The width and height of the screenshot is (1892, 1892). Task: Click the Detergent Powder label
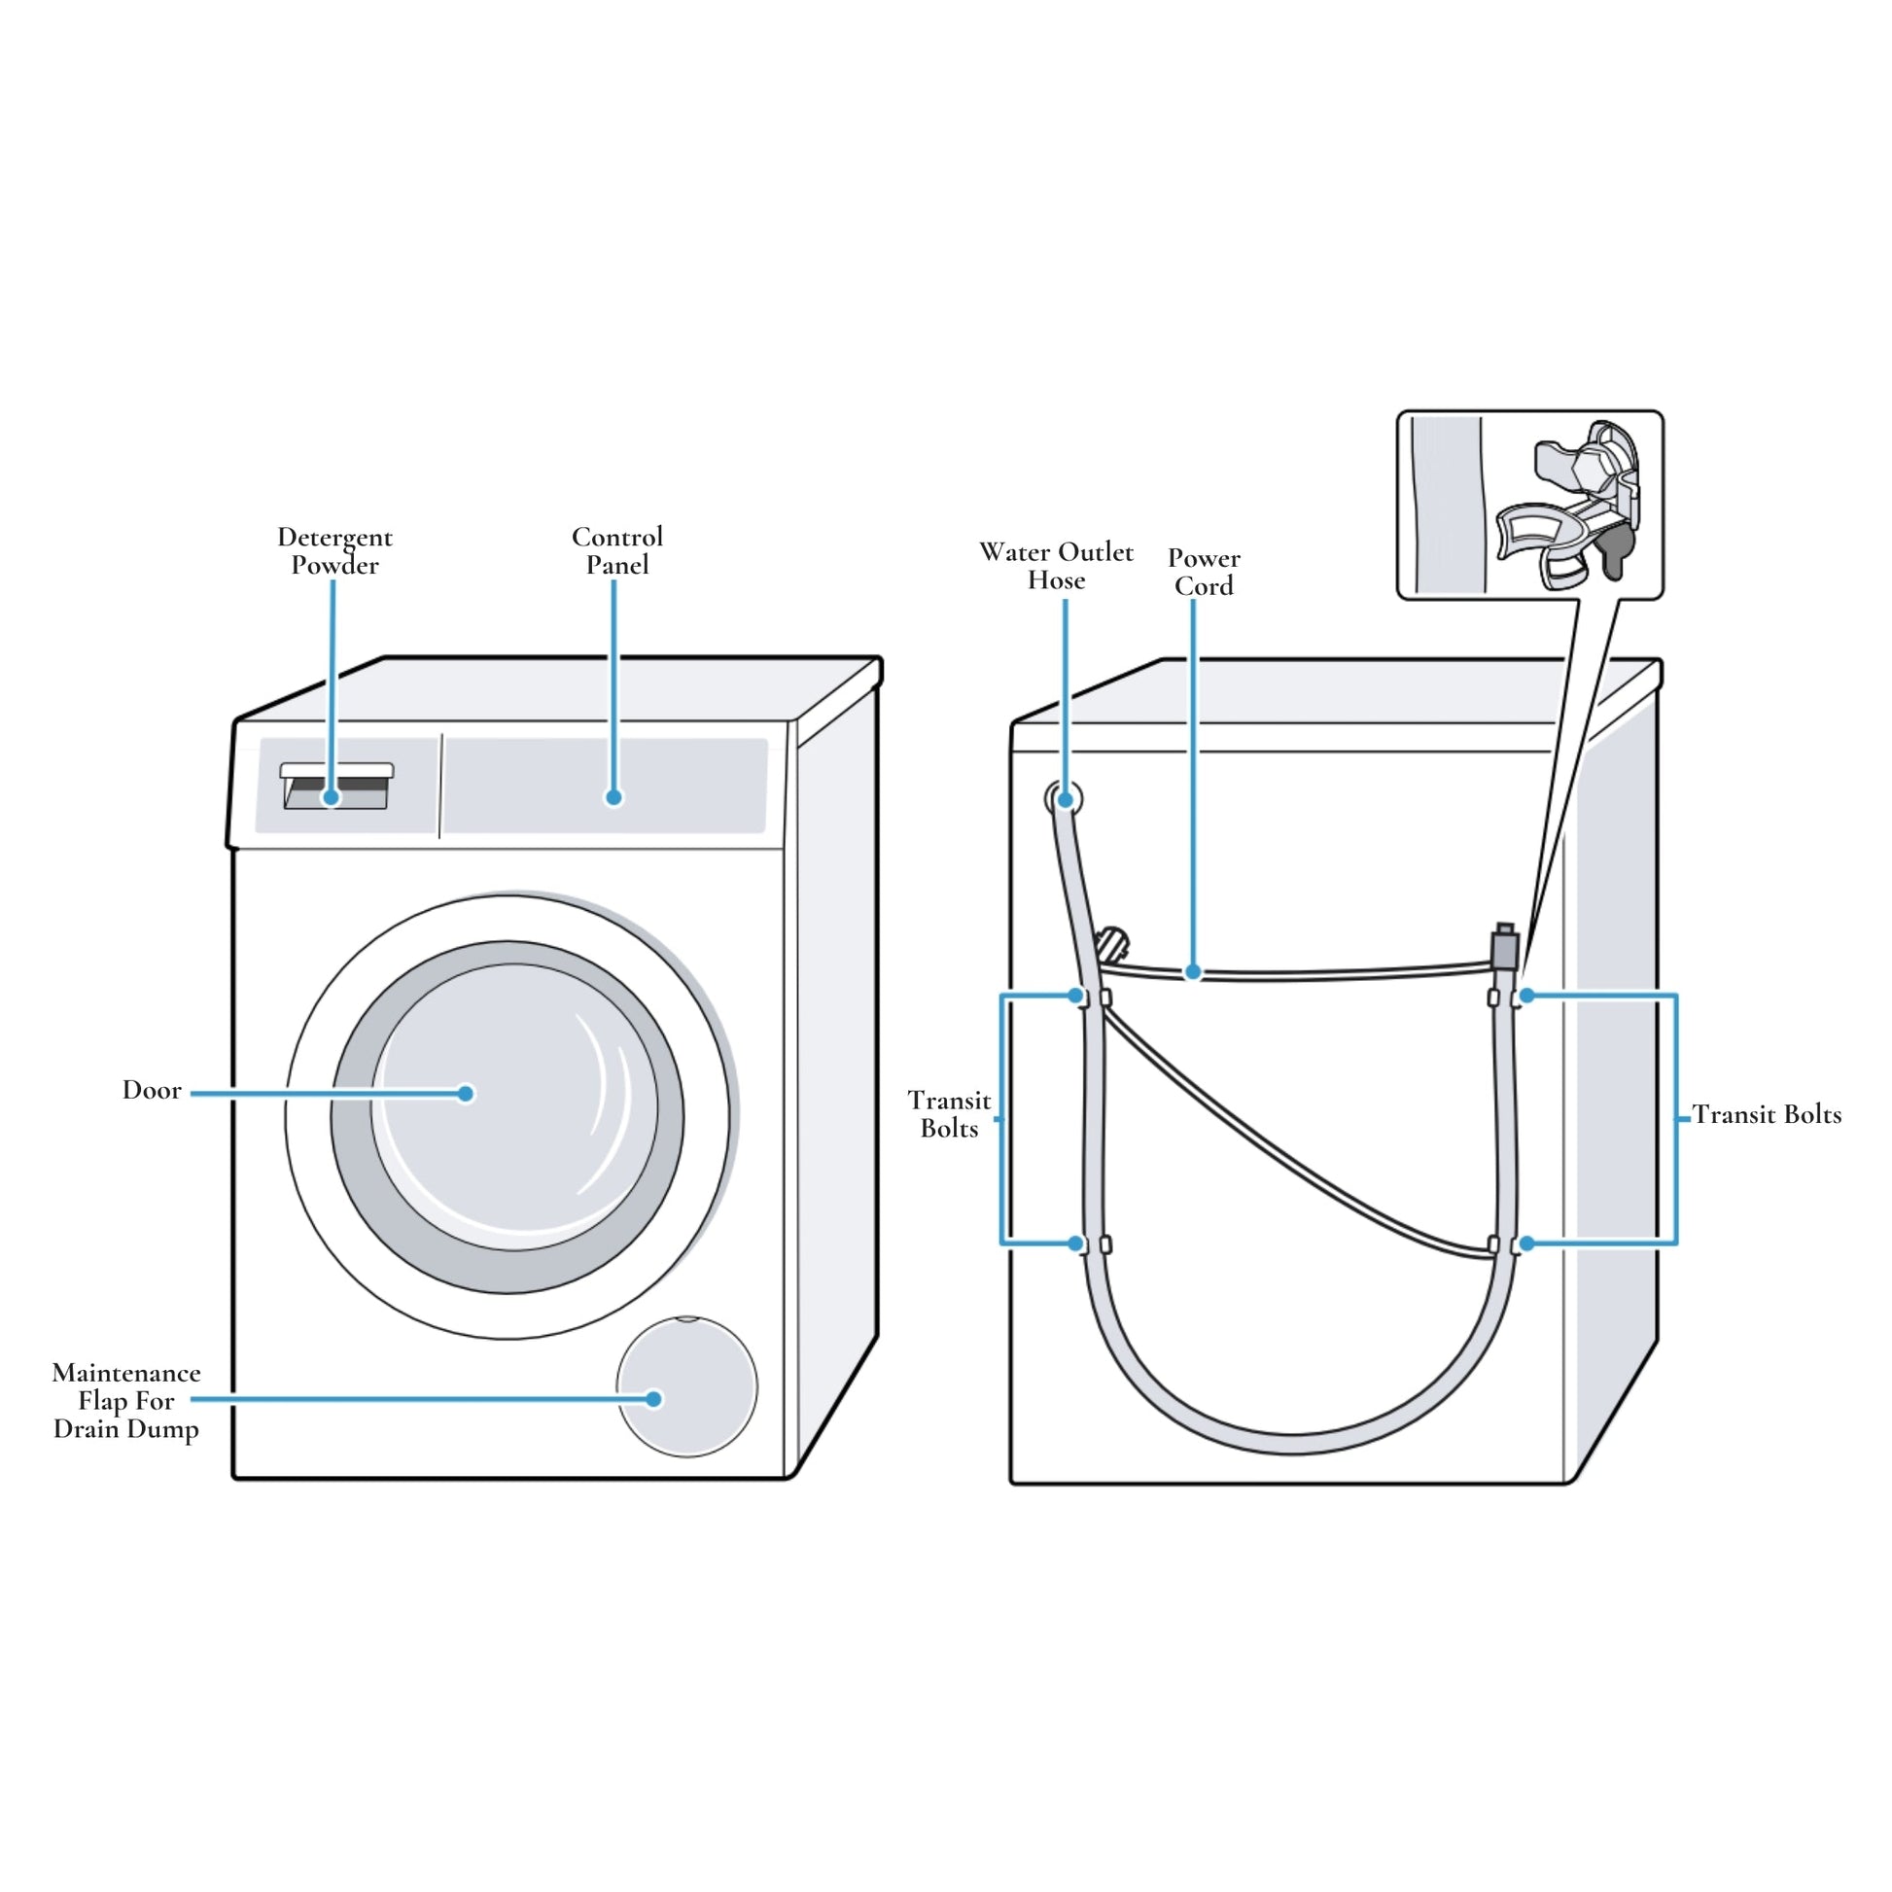coord(333,550)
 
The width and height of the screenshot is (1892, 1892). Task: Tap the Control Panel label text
coord(617,550)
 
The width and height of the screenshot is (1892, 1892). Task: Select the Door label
coord(152,1091)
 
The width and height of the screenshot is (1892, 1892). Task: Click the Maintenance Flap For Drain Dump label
coord(126,1400)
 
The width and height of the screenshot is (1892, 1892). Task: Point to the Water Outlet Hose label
coord(1056,566)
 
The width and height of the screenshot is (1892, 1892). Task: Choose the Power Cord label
coord(1204,572)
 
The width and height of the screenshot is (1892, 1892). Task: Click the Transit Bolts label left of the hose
coord(949,1114)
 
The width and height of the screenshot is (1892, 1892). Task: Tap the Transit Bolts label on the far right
coord(1767,1114)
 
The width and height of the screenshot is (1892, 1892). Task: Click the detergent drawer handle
coord(336,771)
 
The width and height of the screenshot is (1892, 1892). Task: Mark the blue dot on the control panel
coord(614,797)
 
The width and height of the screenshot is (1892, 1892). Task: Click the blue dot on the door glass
coord(466,1093)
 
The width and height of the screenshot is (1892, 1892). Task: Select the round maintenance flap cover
coord(687,1386)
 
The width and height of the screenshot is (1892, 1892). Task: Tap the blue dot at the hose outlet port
coord(1066,799)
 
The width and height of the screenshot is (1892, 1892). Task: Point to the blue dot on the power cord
coord(1193,972)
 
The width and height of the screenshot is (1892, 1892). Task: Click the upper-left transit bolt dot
coord(1076,996)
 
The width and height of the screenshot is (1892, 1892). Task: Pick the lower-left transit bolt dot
coord(1076,1244)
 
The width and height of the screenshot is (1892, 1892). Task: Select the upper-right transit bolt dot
coord(1526,996)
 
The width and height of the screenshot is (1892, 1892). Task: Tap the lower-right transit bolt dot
coord(1526,1244)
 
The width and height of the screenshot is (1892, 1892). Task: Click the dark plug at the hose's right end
coord(1504,948)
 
